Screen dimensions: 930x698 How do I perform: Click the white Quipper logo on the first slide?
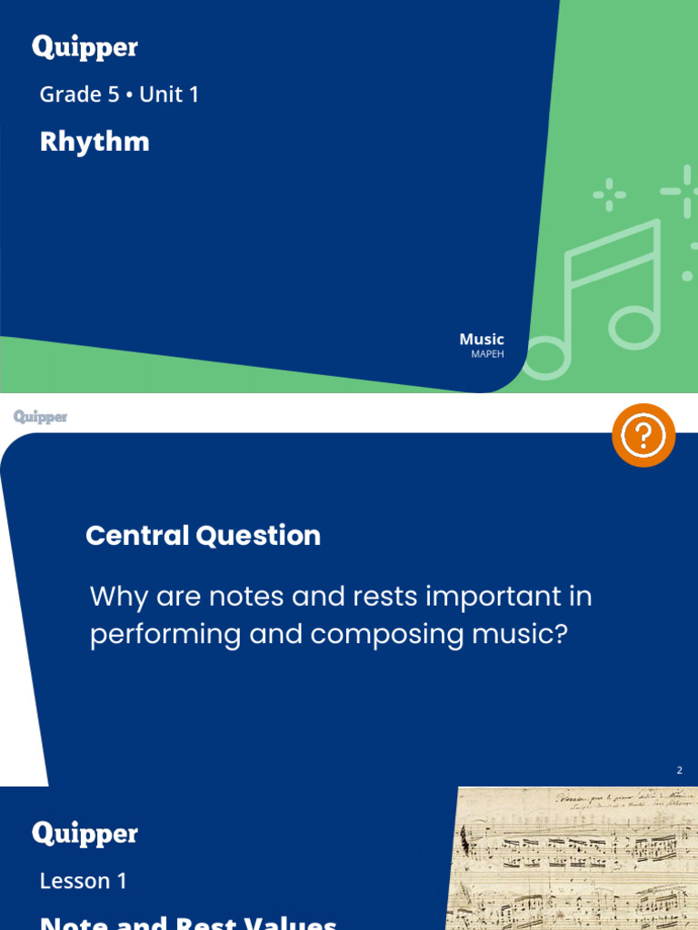coord(85,48)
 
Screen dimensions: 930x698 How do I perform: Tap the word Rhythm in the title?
coord(95,142)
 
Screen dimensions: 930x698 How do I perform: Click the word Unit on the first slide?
coord(161,94)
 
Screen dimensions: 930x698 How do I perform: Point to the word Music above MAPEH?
coord(482,340)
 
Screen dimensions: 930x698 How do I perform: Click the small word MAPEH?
coord(487,354)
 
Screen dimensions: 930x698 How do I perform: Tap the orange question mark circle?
coord(643,436)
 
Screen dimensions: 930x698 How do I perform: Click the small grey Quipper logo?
coord(41,417)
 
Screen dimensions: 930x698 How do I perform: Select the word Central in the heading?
coord(137,536)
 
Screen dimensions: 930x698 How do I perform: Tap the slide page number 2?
coord(679,771)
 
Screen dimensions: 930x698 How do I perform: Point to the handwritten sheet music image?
coord(573,858)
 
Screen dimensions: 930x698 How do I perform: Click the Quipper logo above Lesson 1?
coord(85,834)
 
